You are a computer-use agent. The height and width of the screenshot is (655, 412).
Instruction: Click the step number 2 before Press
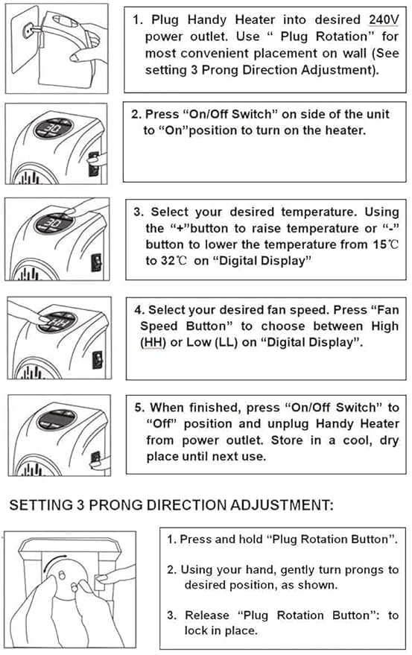(x=135, y=115)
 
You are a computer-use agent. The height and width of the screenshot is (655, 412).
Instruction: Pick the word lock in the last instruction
(x=197, y=630)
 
